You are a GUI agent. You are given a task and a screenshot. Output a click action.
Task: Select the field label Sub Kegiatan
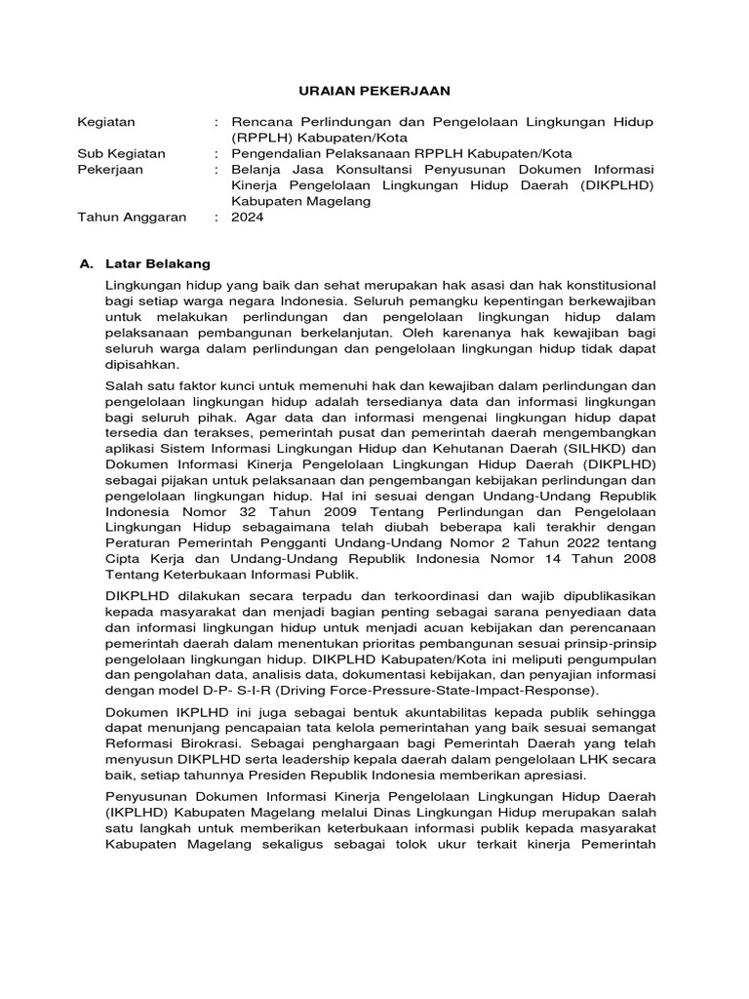121,153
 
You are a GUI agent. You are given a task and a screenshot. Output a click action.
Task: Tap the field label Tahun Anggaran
131,217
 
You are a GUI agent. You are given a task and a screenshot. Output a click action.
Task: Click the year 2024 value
248,217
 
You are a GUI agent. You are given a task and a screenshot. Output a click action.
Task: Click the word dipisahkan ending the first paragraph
144,364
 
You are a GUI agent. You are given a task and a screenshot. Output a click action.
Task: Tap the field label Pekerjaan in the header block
109,170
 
